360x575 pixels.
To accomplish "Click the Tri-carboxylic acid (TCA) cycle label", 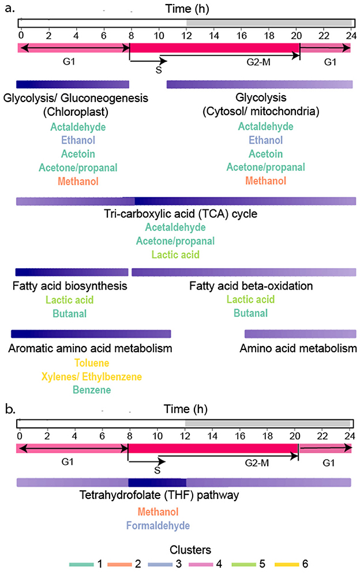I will pos(181,215).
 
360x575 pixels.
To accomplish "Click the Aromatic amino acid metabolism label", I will pos(91,348).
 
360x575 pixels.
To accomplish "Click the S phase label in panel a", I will pos(158,69).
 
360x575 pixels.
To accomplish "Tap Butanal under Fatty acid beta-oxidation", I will pos(250,313).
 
